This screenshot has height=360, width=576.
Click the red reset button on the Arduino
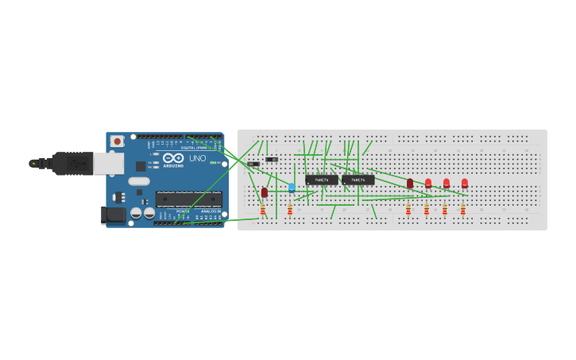click(x=118, y=141)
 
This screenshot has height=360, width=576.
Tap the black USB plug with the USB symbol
click(x=72, y=163)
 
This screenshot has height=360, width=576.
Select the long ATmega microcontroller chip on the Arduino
click(x=188, y=199)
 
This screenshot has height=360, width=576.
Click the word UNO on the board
click(x=197, y=158)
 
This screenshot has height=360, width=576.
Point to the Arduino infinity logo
click(x=172, y=158)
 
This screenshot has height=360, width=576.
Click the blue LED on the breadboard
click(x=292, y=188)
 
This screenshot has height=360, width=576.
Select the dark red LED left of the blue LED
click(x=265, y=192)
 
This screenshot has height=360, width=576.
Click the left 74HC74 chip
click(x=322, y=180)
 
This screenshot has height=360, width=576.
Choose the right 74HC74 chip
click(x=358, y=180)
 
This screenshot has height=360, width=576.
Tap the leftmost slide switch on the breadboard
click(x=253, y=164)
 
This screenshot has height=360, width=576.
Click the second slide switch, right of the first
click(x=272, y=160)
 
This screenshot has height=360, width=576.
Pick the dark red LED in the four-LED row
click(x=410, y=184)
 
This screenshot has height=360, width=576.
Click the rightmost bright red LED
click(x=465, y=183)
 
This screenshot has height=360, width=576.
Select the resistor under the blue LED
click(x=290, y=209)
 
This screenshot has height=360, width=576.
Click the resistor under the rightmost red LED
click(x=463, y=209)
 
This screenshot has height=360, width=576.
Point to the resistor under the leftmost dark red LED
click(x=263, y=209)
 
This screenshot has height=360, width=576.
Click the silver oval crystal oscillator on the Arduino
click(x=139, y=181)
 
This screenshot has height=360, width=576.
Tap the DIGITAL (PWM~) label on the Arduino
click(x=194, y=148)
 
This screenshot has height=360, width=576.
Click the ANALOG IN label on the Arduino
click(x=211, y=211)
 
